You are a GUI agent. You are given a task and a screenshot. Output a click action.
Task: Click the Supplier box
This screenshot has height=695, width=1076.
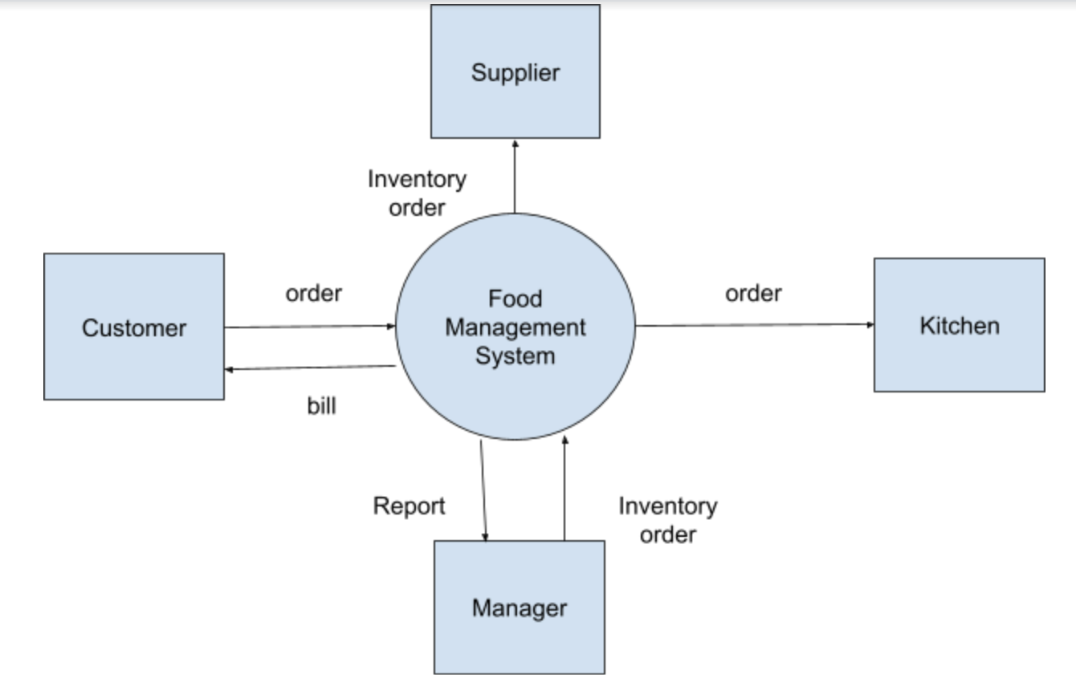[x=515, y=71]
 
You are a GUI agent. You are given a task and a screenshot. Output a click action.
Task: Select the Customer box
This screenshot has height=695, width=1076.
[x=134, y=327]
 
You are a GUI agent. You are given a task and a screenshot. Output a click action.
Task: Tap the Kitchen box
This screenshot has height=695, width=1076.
[x=959, y=325]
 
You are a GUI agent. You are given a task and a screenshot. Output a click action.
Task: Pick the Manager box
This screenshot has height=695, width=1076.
[x=519, y=607]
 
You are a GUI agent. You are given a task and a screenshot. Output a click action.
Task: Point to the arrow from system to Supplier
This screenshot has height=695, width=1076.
[x=515, y=177]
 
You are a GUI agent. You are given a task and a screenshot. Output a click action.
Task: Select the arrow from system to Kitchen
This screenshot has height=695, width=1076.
[x=755, y=325]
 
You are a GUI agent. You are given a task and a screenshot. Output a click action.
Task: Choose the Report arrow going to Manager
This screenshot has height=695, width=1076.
[x=483, y=490]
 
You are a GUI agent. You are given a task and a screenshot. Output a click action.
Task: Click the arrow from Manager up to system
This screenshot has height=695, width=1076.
[x=564, y=490]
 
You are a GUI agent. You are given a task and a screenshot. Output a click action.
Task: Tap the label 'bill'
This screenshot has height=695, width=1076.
[x=322, y=406]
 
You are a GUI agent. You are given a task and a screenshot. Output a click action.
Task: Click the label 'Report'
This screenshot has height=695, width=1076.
[x=409, y=506]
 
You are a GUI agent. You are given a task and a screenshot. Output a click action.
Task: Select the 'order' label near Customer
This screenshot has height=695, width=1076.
[x=313, y=294]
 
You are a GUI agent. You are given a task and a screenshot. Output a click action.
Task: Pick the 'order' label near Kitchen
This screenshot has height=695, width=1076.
[x=753, y=294]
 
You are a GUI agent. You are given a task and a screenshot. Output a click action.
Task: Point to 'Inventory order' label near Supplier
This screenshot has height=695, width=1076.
[x=417, y=193]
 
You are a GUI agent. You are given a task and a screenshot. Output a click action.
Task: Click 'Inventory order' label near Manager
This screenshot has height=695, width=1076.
[x=667, y=520]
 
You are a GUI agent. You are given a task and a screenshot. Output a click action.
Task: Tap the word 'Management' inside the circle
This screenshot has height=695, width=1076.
[x=516, y=327]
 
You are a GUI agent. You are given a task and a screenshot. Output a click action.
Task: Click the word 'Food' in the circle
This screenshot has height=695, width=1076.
[x=516, y=299]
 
